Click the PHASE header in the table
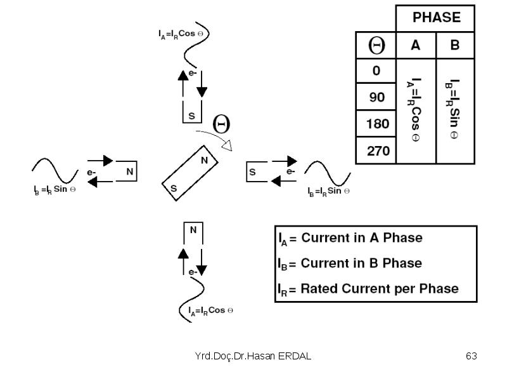pyautogui.click(x=437, y=18)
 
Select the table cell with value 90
pyautogui.click(x=376, y=97)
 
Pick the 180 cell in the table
pyautogui.click(x=377, y=124)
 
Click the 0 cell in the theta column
pyautogui.click(x=376, y=70)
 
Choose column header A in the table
pyautogui.click(x=416, y=45)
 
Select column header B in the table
pyautogui.click(x=455, y=45)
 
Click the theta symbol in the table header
pyautogui.click(x=376, y=45)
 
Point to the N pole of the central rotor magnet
pyautogui.click(x=204, y=160)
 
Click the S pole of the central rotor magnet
pyautogui.click(x=174, y=188)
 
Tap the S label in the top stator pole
pyautogui.click(x=192, y=116)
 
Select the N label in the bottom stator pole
pyautogui.click(x=193, y=230)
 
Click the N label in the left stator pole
pyautogui.click(x=130, y=171)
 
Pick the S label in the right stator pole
pyautogui.click(x=252, y=172)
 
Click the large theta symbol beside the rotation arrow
pyautogui.click(x=221, y=124)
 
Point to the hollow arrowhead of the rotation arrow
pyautogui.click(x=228, y=145)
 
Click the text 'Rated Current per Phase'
pyautogui.click(x=380, y=288)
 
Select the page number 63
pyautogui.click(x=471, y=356)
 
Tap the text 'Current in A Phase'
pyautogui.click(x=362, y=237)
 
